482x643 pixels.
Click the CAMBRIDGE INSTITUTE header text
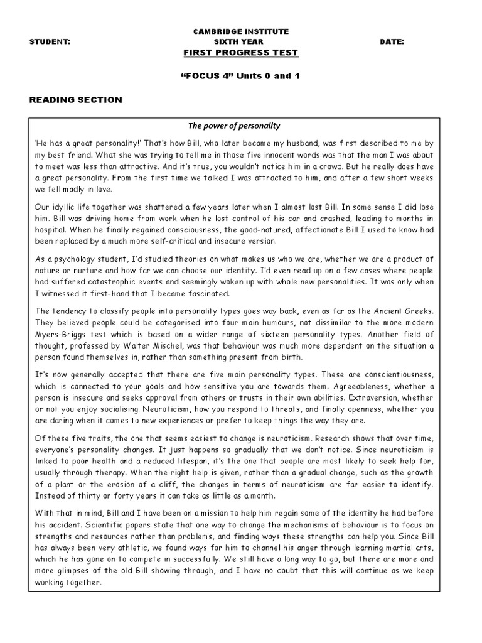(x=241, y=31)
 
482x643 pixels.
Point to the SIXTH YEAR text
(x=241, y=41)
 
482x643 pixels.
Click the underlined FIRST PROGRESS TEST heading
(x=241, y=53)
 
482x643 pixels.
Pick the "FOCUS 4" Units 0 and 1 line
(x=241, y=76)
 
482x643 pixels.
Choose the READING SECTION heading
(x=76, y=100)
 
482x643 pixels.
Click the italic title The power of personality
(x=241, y=126)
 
